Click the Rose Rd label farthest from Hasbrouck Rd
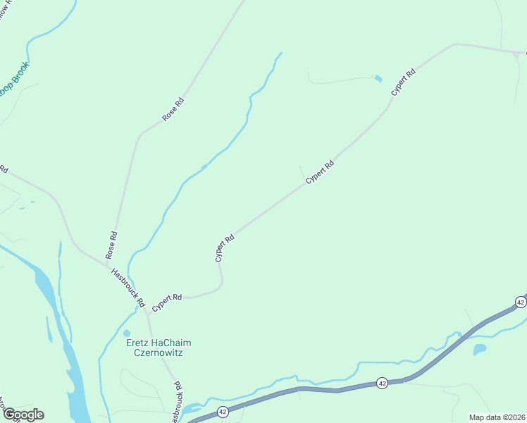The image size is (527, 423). pyautogui.click(x=173, y=109)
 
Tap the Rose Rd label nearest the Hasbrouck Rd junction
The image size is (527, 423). pyautogui.click(x=111, y=245)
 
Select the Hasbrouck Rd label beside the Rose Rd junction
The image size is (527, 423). pyautogui.click(x=128, y=287)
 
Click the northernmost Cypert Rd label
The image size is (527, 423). pyautogui.click(x=403, y=83)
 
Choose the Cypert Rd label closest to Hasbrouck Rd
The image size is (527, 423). pyautogui.click(x=167, y=298)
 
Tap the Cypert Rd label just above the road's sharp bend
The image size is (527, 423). pyautogui.click(x=224, y=248)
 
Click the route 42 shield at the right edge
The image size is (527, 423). pyautogui.click(x=520, y=302)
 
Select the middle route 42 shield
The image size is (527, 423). pyautogui.click(x=381, y=383)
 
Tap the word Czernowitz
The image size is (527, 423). pyautogui.click(x=159, y=352)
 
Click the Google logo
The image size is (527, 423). pyautogui.click(x=23, y=415)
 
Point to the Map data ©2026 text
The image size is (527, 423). pyautogui.click(x=497, y=417)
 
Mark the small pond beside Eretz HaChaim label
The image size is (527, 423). pyautogui.click(x=127, y=333)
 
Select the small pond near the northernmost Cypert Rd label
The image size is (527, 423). pyautogui.click(x=378, y=78)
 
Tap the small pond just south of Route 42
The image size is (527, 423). pyautogui.click(x=480, y=349)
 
